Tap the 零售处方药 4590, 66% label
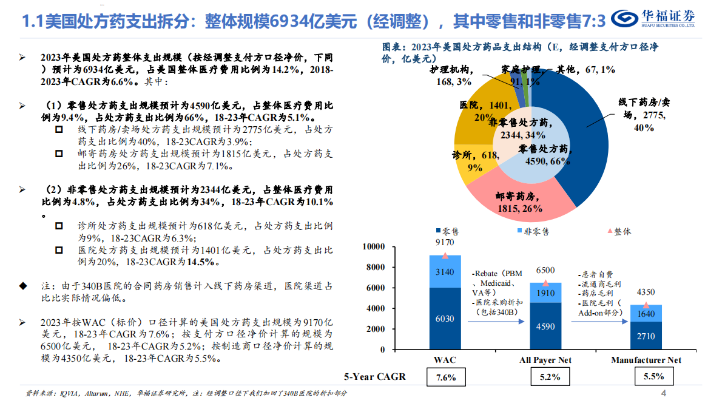[x=543, y=155]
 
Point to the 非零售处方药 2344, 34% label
[x=519, y=129]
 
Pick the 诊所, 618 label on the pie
[x=475, y=161]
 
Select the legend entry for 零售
[x=447, y=231]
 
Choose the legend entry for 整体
[x=618, y=231]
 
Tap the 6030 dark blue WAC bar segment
[x=445, y=319]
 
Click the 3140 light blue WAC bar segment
[x=445, y=271]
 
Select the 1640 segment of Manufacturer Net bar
[x=646, y=313]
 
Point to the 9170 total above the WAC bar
[x=445, y=242]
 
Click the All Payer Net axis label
[x=545, y=360]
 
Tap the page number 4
[x=663, y=393]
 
